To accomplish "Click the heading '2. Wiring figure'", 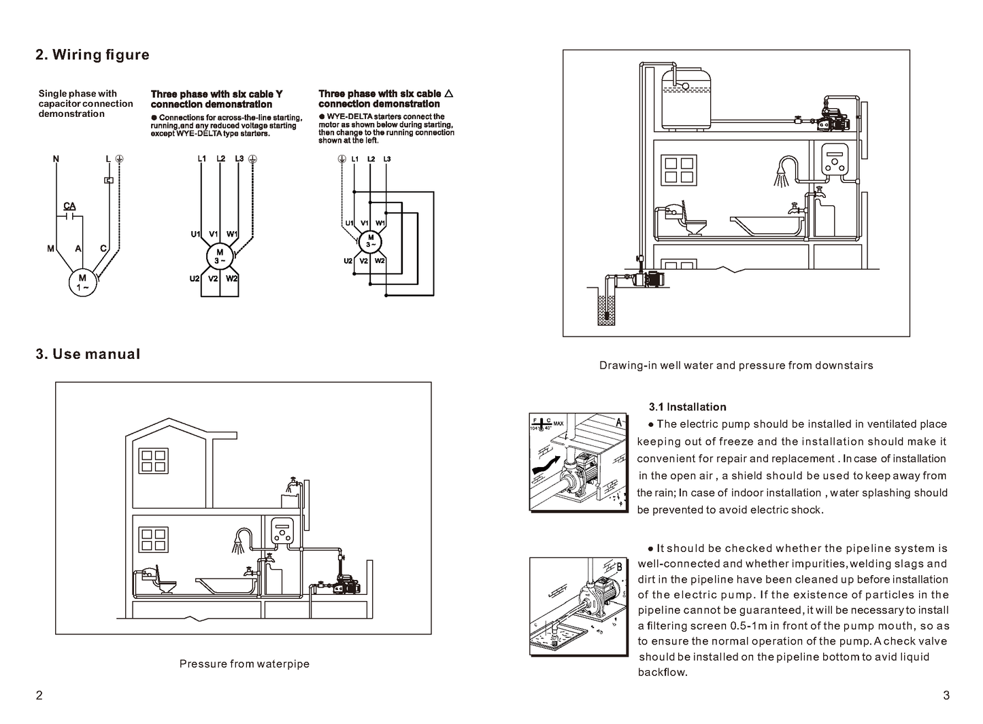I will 93,55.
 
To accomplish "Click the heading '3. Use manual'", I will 88,354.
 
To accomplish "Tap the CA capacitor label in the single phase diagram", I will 69,207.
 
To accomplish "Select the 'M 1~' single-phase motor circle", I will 82,282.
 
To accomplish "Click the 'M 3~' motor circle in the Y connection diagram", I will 220,256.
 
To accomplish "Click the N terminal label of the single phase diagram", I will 56,159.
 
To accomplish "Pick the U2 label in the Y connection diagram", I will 195,279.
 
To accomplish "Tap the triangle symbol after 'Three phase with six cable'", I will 448,93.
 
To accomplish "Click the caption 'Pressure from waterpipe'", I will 244,663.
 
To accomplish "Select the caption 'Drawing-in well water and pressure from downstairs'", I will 736,365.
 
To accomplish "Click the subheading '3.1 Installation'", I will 687,407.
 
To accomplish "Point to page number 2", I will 39,695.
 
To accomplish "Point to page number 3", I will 946,695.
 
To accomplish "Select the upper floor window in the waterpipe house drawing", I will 153,462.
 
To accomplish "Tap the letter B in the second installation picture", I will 618,567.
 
